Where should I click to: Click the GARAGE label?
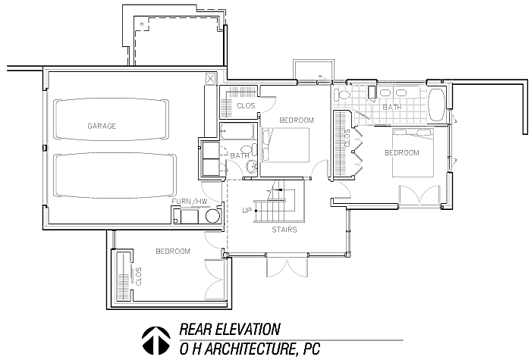(x=102, y=126)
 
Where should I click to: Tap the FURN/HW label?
(x=190, y=202)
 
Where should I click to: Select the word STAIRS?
(x=284, y=230)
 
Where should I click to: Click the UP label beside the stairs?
(x=247, y=211)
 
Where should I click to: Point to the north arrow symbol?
(x=156, y=340)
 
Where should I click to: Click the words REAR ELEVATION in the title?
(x=230, y=329)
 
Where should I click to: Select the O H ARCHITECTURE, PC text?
(x=250, y=349)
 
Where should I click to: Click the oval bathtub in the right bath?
(x=436, y=105)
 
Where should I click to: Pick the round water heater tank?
(x=212, y=215)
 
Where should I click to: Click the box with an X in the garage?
(x=210, y=79)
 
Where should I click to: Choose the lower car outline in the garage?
(x=115, y=175)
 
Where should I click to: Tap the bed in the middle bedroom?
(x=286, y=145)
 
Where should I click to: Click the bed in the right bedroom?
(x=413, y=152)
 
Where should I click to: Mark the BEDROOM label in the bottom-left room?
(x=173, y=252)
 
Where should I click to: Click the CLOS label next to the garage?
(x=246, y=106)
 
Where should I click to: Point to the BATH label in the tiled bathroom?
(x=392, y=108)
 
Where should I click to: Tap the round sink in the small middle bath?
(x=251, y=167)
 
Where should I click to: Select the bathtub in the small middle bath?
(x=237, y=131)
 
